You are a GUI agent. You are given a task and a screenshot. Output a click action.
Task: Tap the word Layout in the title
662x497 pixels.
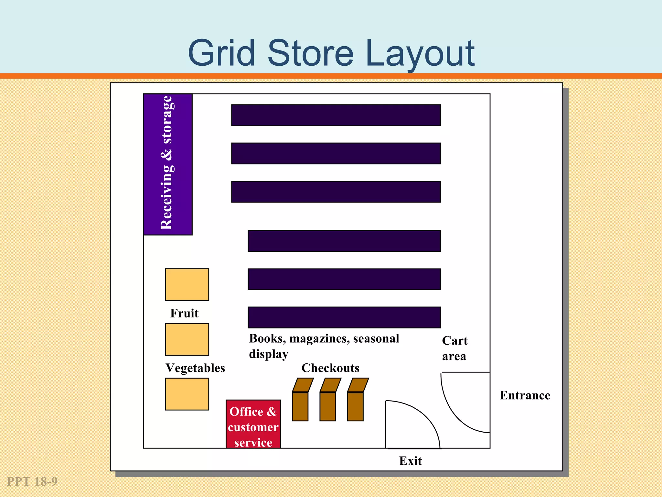(x=420, y=53)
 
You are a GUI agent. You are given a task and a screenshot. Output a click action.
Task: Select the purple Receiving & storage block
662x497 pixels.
(x=168, y=164)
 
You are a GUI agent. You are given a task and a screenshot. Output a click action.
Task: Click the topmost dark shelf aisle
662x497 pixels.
(x=336, y=115)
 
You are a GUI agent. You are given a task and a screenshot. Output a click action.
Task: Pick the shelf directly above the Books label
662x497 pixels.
(x=344, y=317)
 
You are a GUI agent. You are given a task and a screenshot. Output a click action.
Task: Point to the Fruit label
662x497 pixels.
(x=184, y=313)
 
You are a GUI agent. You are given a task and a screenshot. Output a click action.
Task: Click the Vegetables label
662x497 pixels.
(x=195, y=368)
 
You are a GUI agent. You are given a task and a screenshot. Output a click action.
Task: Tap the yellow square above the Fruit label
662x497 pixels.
(x=187, y=285)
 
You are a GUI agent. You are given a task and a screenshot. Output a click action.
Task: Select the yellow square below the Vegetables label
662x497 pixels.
(x=187, y=394)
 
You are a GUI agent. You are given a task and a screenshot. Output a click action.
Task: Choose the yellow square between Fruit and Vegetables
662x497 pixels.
(x=187, y=339)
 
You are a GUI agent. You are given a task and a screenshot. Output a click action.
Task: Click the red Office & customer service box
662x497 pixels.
(x=253, y=424)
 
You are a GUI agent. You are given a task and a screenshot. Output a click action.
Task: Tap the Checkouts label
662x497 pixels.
(x=330, y=368)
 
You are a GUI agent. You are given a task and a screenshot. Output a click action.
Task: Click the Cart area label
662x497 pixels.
(x=454, y=348)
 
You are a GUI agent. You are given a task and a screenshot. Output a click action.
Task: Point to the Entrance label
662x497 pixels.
(x=525, y=395)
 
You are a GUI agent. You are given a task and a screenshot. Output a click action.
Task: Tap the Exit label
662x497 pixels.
(x=410, y=461)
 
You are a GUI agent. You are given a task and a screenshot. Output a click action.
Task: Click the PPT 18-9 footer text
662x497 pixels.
(x=32, y=481)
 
